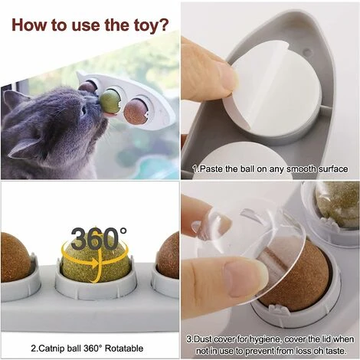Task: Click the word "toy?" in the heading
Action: coord(150,25)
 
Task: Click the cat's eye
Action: coord(83,110)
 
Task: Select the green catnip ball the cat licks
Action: coord(110,102)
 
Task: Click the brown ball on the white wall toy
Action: coord(135,111)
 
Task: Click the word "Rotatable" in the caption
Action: coord(124,349)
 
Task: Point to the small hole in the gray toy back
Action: coord(308,53)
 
